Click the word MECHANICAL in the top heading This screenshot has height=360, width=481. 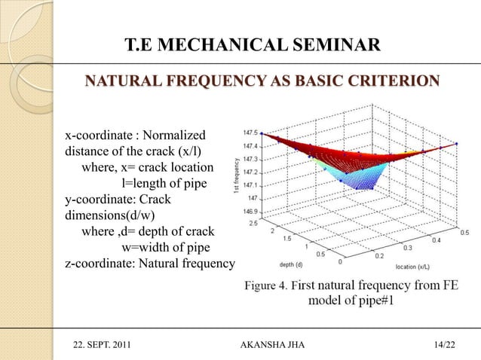[216, 50]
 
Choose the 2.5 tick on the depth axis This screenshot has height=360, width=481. [254, 223]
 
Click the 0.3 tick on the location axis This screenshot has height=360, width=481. [407, 246]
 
